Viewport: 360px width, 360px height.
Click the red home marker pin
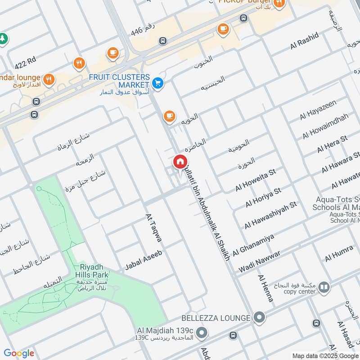coord(180,162)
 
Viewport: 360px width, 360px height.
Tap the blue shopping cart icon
coord(157,83)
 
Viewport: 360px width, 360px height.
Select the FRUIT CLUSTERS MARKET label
coord(119,81)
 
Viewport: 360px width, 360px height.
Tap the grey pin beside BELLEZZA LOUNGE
coord(259,318)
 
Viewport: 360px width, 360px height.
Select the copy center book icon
coord(324,287)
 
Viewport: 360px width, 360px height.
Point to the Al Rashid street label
coord(304,41)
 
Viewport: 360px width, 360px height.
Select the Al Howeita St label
coord(255,180)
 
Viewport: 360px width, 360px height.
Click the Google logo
coord(19,353)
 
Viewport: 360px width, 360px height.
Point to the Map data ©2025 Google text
coord(325,355)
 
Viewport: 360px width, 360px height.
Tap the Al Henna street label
coord(265,288)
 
